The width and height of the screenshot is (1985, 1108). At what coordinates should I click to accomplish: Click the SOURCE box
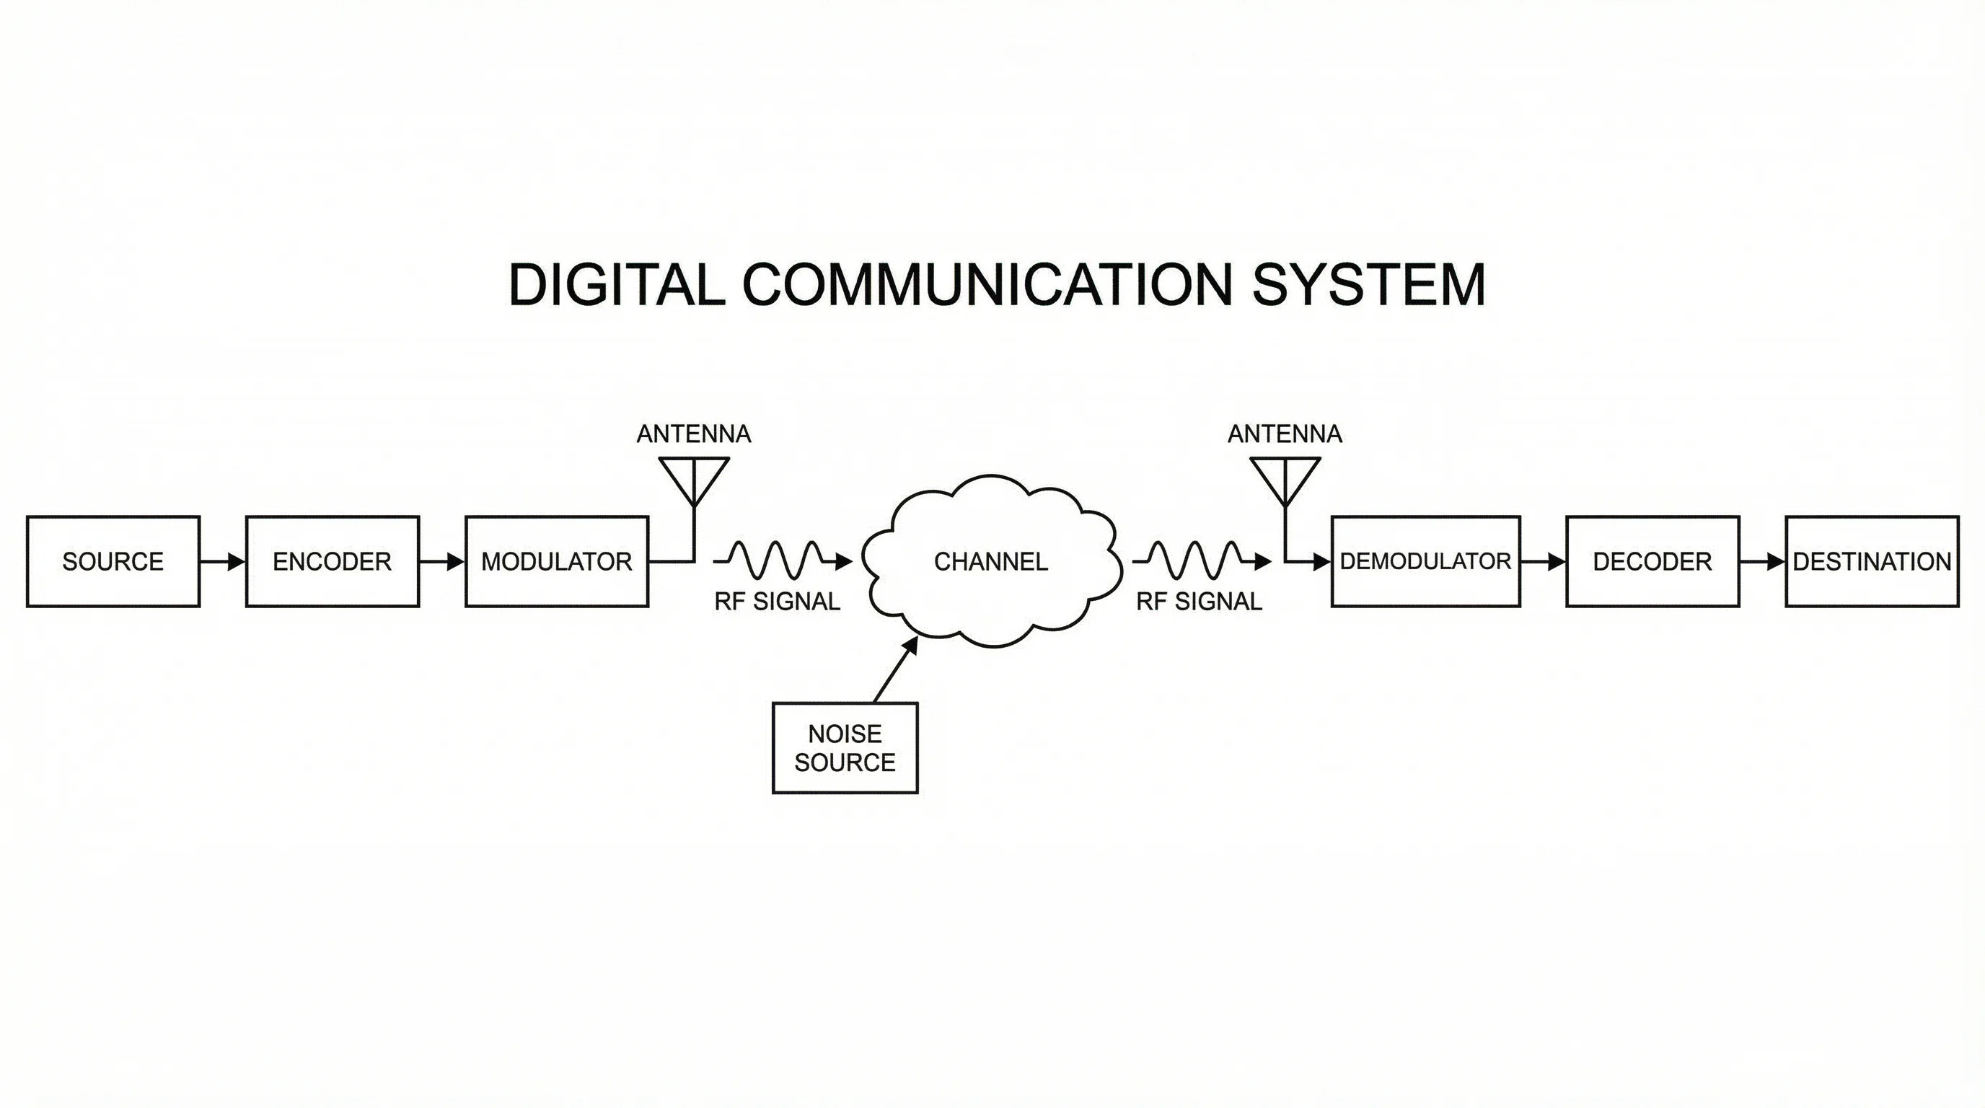113,562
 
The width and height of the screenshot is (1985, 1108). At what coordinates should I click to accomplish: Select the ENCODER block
332,562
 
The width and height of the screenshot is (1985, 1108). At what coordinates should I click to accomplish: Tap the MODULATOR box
556,562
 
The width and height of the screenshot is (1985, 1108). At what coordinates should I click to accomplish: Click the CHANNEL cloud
991,562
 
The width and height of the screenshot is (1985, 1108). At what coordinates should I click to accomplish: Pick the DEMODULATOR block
1425,562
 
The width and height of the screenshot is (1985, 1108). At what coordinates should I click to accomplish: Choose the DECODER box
1652,562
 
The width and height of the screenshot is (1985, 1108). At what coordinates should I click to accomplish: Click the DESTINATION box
1872,562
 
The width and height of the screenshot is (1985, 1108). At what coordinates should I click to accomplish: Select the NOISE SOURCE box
845,747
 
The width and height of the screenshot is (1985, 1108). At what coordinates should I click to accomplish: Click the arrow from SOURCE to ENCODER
223,562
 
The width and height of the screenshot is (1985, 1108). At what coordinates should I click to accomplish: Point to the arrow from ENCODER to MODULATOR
442,562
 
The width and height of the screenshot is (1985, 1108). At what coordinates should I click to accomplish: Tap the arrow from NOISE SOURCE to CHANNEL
896,670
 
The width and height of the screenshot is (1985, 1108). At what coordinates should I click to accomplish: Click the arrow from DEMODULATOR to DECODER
1543,562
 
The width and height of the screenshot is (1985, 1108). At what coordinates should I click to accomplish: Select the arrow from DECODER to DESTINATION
1762,562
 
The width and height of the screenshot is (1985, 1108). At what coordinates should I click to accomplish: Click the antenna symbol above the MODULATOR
695,482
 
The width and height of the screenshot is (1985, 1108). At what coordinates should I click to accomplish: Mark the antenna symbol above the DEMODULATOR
1285,482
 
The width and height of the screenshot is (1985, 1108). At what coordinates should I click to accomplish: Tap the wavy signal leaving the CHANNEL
1200,560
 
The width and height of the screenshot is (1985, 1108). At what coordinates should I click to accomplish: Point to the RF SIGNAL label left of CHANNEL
777,602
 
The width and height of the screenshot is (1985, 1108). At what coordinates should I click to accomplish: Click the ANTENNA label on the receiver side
1285,434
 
